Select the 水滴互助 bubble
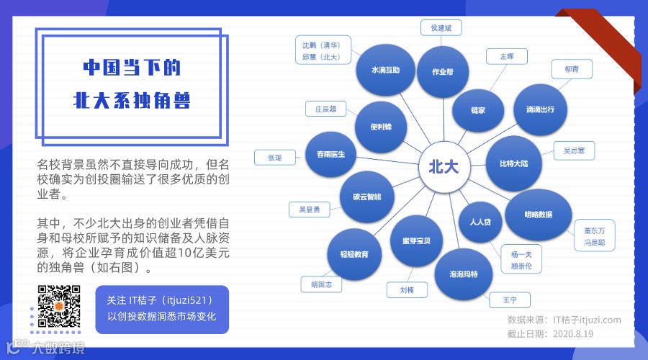(x=385, y=71)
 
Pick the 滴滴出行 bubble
(x=535, y=109)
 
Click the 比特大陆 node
(x=513, y=163)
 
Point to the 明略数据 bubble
(x=539, y=215)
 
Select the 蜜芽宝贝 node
(x=416, y=240)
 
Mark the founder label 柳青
(x=572, y=70)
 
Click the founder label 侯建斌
(x=441, y=28)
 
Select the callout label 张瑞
(x=275, y=158)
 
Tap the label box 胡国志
(x=321, y=284)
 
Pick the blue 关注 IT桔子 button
(x=162, y=309)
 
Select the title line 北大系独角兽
(x=132, y=100)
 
